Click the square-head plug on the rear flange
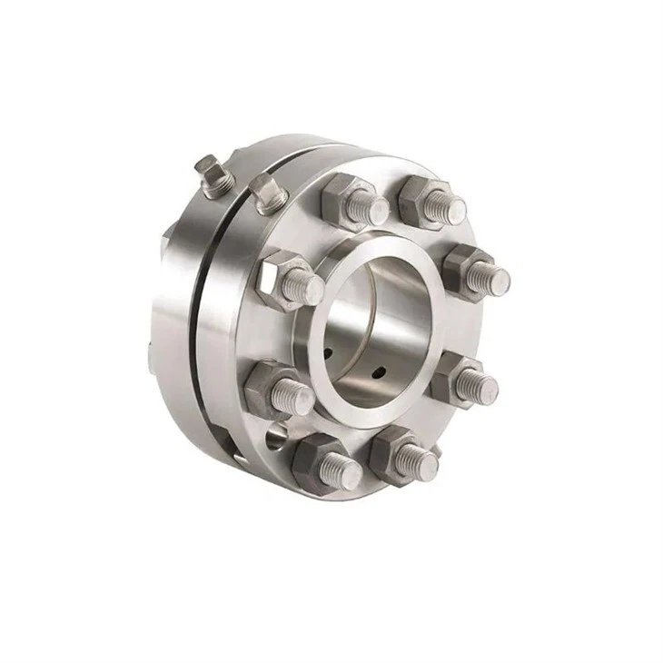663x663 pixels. click(208, 175)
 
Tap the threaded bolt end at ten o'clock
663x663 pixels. click(303, 288)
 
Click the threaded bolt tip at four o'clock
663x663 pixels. click(478, 386)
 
